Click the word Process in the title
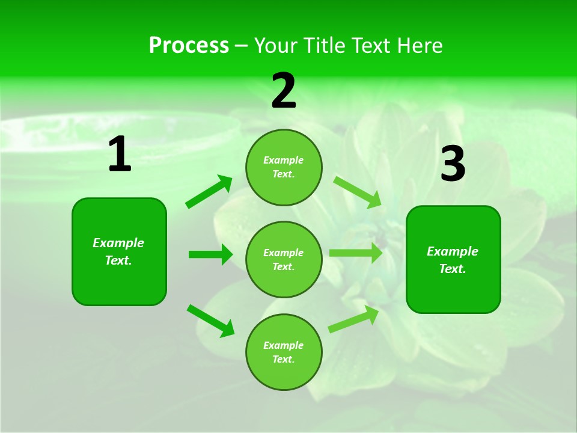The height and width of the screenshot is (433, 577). click(x=189, y=46)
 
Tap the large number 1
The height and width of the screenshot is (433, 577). click(x=120, y=155)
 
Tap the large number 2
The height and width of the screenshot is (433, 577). click(x=284, y=91)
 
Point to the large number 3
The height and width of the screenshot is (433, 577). click(x=453, y=164)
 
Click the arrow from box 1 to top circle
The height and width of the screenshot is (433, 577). click(x=209, y=192)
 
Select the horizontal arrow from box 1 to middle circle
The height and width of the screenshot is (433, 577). click(x=210, y=254)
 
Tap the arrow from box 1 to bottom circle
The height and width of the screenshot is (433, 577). click(x=210, y=321)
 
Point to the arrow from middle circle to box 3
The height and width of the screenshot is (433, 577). click(x=355, y=253)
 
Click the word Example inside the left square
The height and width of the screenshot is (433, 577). click(x=118, y=243)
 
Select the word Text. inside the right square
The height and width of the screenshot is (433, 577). click(x=453, y=269)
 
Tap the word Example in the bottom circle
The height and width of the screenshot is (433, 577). click(x=283, y=345)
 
